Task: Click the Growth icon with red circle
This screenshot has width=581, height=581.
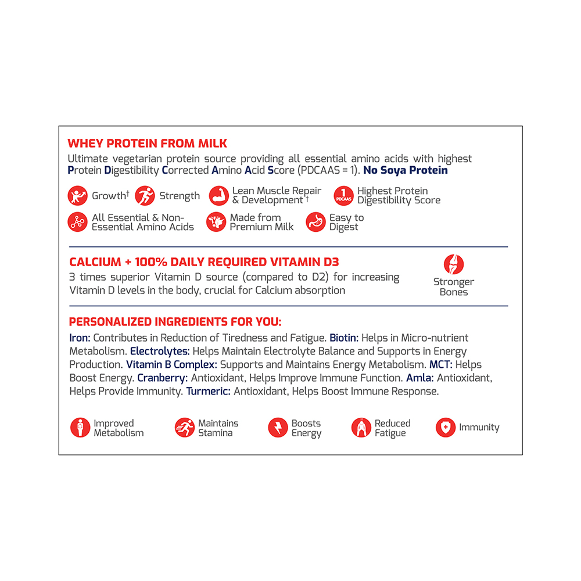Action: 78,196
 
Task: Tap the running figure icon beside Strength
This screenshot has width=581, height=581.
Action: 145,196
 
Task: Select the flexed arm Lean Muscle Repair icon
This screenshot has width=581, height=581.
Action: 219,196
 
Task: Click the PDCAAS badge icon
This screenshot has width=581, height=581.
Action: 343,196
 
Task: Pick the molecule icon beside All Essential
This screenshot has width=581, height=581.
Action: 78,222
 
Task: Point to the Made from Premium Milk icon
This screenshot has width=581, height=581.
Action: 216,222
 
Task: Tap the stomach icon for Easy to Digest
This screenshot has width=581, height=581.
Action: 316,222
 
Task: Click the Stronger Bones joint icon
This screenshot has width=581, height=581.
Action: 454,264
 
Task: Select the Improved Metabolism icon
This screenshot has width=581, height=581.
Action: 80,428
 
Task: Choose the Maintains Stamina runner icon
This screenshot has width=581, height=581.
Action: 185,428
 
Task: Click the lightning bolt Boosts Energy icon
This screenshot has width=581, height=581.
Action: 278,428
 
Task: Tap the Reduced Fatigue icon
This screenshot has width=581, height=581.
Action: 361,428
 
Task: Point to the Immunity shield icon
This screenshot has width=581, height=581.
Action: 446,428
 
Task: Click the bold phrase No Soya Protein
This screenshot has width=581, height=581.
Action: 406,170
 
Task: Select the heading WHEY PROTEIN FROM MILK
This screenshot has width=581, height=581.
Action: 148,144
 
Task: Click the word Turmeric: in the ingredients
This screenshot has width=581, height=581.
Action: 209,392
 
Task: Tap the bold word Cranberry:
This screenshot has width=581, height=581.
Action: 162,378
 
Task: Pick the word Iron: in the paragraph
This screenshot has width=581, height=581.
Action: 80,338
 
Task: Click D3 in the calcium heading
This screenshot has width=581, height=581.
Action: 331,262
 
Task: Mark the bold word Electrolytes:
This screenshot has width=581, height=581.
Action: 160,352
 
